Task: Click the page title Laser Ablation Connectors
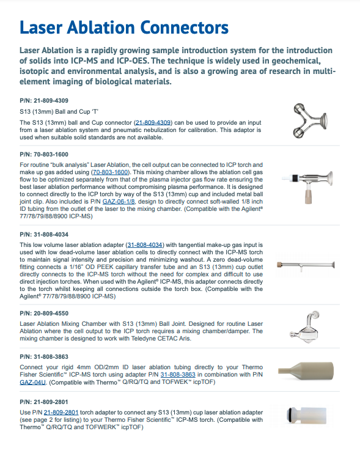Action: click(124, 28)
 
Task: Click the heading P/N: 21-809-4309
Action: click(44, 101)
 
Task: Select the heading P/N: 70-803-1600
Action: click(44, 155)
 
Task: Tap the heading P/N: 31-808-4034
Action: click(44, 235)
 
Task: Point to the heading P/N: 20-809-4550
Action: click(44, 314)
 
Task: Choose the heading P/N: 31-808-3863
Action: click(44, 357)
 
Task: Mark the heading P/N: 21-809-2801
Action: click(44, 402)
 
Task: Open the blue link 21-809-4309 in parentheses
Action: click(153, 122)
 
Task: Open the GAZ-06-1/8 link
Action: click(119, 202)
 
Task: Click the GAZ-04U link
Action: click(33, 382)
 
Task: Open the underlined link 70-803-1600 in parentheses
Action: click(111, 172)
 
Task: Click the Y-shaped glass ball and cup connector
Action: click(310, 120)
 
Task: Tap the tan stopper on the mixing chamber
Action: click(308, 197)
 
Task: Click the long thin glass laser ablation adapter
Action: click(306, 265)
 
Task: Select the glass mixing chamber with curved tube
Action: click(305, 327)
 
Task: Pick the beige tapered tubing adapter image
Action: click(306, 370)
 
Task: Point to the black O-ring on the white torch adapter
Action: click(289, 415)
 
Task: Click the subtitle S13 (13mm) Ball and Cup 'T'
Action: click(59, 112)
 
